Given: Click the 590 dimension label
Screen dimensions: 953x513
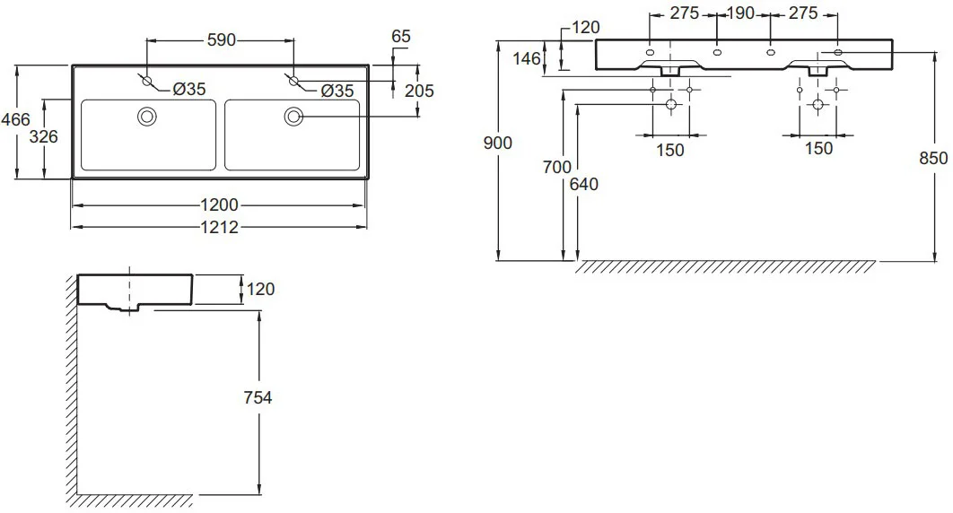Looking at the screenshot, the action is coord(222,40).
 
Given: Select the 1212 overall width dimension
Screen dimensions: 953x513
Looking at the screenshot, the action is coord(220,227).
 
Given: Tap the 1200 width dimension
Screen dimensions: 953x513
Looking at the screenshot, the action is coord(220,204).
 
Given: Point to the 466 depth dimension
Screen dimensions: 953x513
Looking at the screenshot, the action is coord(15,119).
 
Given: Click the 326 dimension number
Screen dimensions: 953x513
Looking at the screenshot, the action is coord(44,136).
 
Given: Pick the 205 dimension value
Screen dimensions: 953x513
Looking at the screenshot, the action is coord(419,91).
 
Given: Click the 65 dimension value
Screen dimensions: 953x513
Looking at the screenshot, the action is coord(401,37).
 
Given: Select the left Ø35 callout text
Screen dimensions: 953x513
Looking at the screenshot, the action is coord(189,90).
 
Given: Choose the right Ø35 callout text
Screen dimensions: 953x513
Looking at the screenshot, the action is coord(337,91).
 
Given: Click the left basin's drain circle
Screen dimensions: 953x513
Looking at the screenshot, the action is coord(147,116).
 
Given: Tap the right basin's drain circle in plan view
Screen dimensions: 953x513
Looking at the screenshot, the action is coord(293,116).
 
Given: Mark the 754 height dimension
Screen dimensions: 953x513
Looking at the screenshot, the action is coord(258,397).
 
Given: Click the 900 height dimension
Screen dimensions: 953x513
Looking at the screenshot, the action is coord(498,143).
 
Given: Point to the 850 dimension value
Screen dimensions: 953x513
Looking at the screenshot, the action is coord(933,158).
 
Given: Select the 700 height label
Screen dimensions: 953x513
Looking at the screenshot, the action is coord(557,166).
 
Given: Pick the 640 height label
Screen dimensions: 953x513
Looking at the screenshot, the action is coord(584,184).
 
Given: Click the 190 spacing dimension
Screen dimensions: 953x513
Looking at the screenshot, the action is coord(741,13).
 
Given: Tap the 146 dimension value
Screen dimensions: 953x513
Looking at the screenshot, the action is coord(527,58).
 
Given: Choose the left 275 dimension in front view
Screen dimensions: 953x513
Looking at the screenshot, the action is coord(685,13).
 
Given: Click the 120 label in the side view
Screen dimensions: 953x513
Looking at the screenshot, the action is coord(261,289).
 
